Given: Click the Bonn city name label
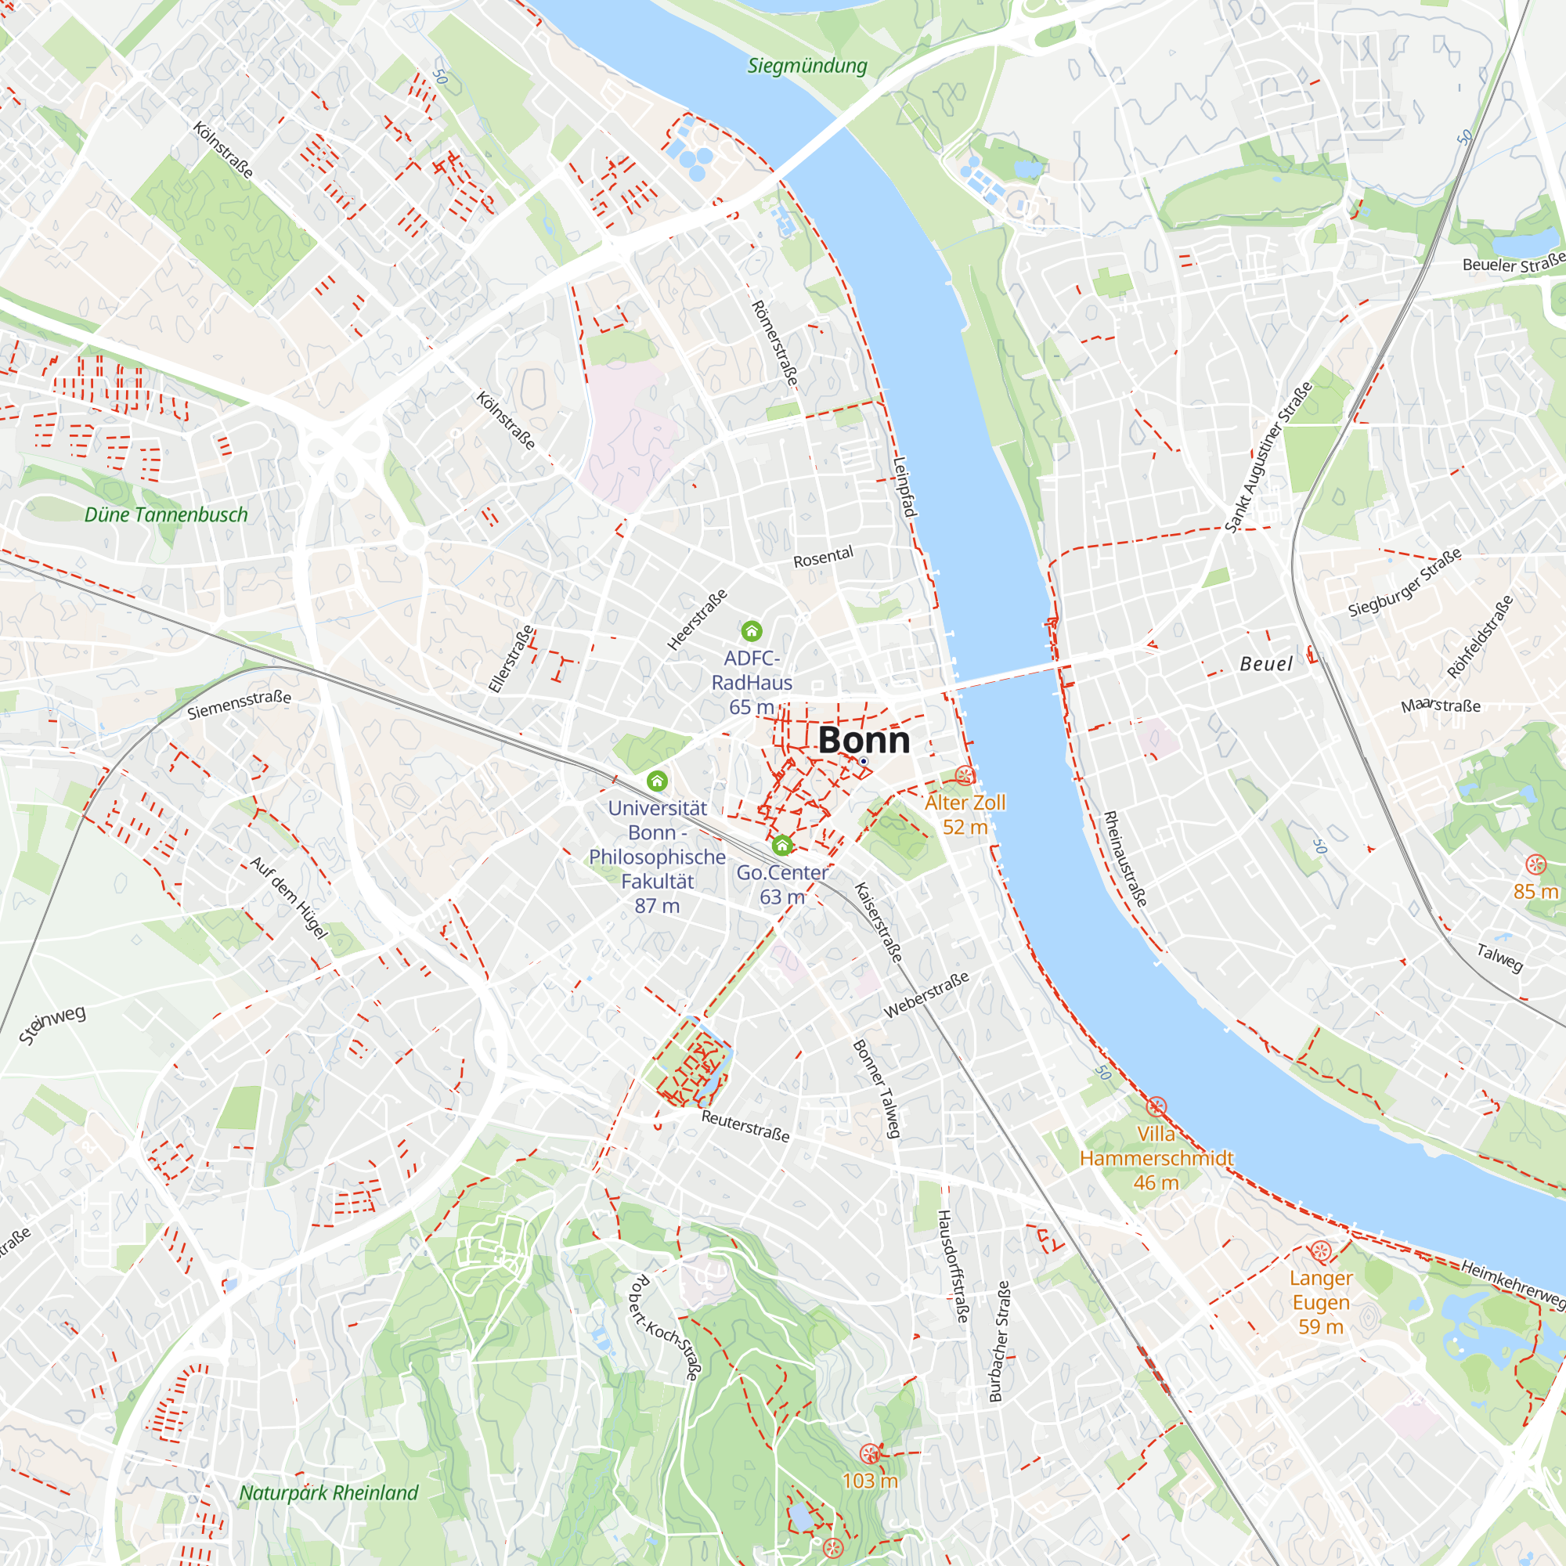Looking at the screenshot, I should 864,740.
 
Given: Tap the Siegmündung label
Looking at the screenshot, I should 806,66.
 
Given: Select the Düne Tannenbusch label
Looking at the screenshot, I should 166,514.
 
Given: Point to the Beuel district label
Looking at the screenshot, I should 1266,664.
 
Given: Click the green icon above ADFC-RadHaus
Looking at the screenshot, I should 752,630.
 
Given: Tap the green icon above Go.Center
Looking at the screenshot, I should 781,846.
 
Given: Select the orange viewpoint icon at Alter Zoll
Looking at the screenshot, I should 964,776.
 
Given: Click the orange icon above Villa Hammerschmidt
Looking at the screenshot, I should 1156,1106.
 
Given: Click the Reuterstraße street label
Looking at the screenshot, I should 745,1126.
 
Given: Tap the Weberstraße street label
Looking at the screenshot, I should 926,994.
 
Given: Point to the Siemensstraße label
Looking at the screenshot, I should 239,705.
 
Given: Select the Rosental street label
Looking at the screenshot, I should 823,557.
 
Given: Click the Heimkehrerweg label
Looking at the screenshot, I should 1513,1284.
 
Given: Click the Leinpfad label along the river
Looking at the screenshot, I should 904,487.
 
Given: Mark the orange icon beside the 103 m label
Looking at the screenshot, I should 870,1453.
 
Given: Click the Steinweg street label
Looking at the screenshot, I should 52,1026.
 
